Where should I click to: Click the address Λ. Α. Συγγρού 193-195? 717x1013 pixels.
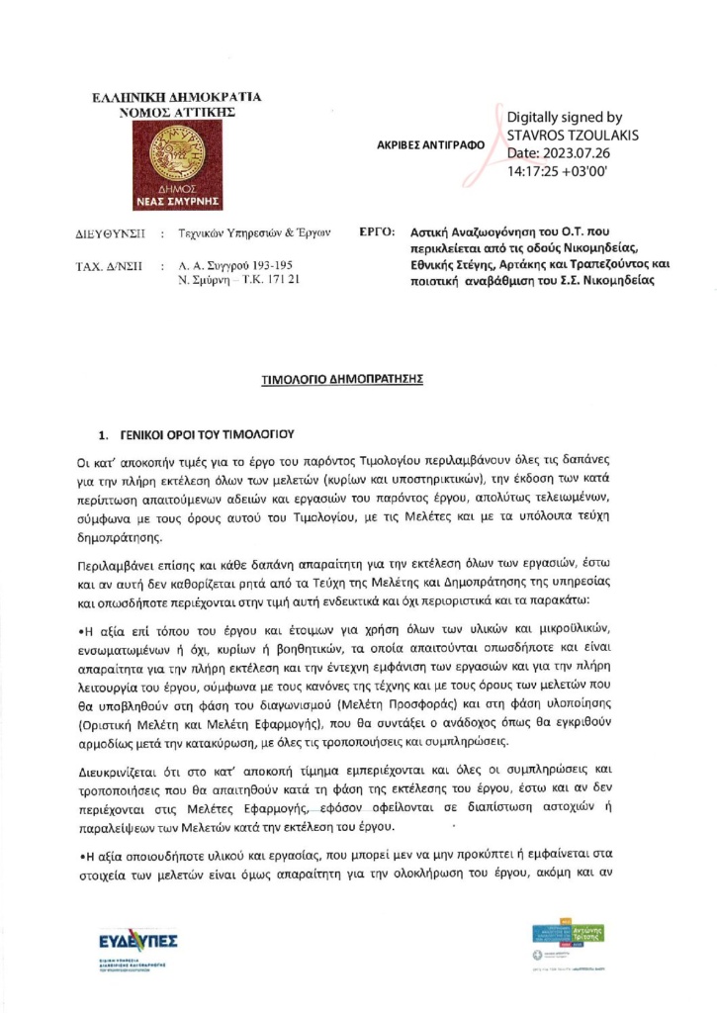click(232, 266)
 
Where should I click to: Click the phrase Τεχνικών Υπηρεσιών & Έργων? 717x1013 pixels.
click(253, 232)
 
